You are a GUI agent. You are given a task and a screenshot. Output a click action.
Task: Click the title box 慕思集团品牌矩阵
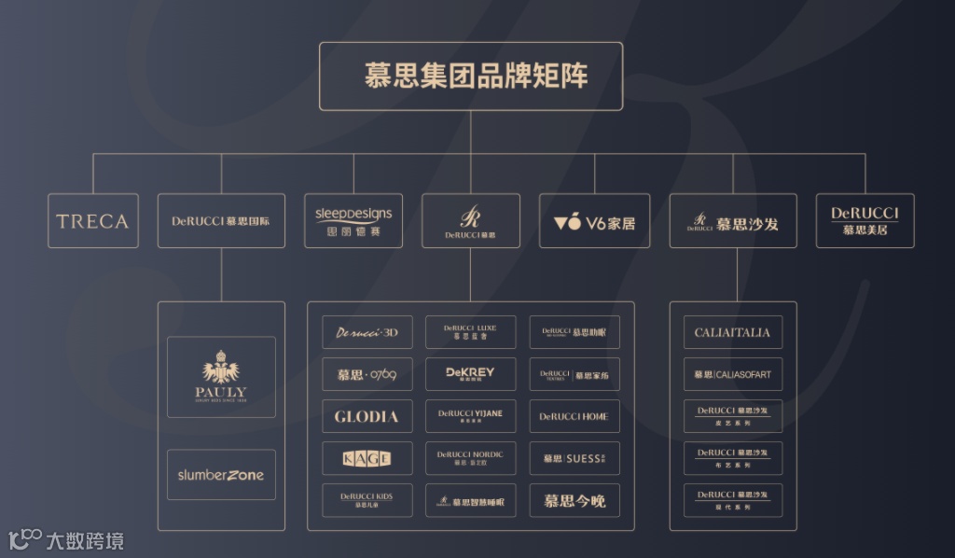pyautogui.click(x=471, y=77)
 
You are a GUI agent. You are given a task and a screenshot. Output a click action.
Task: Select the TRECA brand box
pyautogui.click(x=93, y=221)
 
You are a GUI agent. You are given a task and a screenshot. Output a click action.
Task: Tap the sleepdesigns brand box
pyautogui.click(x=353, y=221)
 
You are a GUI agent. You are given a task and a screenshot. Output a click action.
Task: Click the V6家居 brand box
pyautogui.click(x=594, y=221)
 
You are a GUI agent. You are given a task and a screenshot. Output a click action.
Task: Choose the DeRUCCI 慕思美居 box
pyautogui.click(x=865, y=221)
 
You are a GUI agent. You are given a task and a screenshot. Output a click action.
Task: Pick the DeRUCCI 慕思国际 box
pyautogui.click(x=221, y=221)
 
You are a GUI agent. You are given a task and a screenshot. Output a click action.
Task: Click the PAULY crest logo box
pyautogui.click(x=221, y=377)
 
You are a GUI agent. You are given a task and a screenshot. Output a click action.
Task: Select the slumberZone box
pyautogui.click(x=221, y=475)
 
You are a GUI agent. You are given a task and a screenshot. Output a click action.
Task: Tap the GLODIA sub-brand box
pyautogui.click(x=367, y=416)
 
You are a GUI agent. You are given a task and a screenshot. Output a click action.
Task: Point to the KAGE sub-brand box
pyautogui.click(x=367, y=458)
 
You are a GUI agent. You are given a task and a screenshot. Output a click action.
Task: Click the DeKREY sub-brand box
pyautogui.click(x=470, y=374)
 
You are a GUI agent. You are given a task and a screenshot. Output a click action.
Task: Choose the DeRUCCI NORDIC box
pyautogui.click(x=470, y=458)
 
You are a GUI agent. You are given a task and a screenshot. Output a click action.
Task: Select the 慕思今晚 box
pyautogui.click(x=574, y=501)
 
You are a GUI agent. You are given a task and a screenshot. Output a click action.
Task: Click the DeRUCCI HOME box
pyautogui.click(x=574, y=416)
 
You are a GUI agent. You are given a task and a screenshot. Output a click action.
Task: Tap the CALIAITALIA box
pyautogui.click(x=732, y=332)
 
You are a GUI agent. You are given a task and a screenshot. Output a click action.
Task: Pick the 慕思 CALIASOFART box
pyautogui.click(x=732, y=374)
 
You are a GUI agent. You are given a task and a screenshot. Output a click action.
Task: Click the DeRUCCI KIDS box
pyautogui.click(x=367, y=500)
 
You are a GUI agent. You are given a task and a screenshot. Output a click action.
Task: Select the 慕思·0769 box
pyautogui.click(x=367, y=374)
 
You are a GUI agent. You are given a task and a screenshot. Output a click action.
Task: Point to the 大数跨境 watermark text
pyautogui.click(x=84, y=540)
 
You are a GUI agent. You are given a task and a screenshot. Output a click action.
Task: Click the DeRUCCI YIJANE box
pyautogui.click(x=470, y=416)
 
